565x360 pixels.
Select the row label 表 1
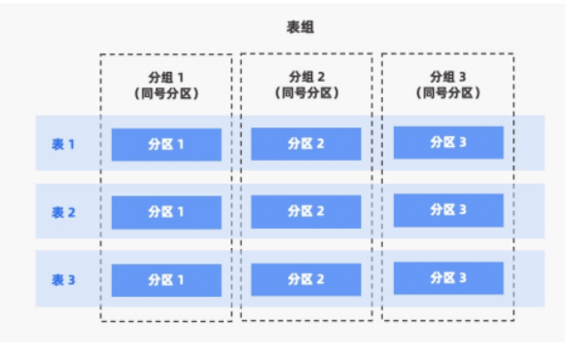[63, 144]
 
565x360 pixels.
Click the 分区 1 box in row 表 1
[166, 145]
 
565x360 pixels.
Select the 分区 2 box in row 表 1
[306, 144]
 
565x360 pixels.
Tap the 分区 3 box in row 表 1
[448, 143]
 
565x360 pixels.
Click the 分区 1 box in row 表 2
[166, 212]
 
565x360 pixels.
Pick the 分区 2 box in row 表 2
[306, 211]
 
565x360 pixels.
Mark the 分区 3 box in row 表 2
[448, 210]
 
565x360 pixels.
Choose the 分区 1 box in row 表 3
[166, 280]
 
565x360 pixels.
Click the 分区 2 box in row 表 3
[306, 279]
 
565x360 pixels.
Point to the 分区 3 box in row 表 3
[448, 278]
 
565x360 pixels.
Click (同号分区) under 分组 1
[165, 94]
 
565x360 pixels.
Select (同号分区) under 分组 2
[306, 94]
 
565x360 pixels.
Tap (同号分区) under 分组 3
[448, 94]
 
